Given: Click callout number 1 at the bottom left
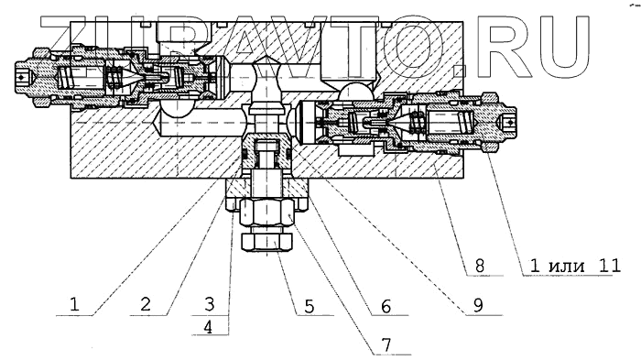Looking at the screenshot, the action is coord(74,305).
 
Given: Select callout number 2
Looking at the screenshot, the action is coord(146,305).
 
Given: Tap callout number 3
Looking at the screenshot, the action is coord(209,304).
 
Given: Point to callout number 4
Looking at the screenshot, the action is coord(209,327).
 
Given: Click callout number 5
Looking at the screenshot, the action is coord(309,306).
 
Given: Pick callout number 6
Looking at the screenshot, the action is coord(386,306).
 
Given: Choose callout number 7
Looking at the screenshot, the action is coord(386,344).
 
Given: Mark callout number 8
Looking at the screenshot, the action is coord(480,266).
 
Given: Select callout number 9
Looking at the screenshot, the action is coord(478,306).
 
